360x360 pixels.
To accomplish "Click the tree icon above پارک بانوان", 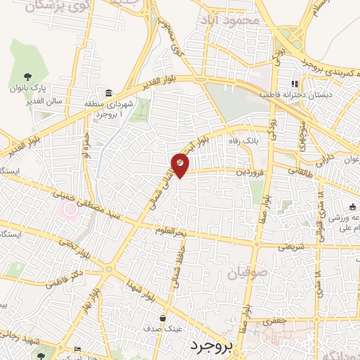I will [28, 77].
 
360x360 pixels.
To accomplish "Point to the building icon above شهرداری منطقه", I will [108, 93].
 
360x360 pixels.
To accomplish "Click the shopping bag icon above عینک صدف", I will [162, 318].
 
